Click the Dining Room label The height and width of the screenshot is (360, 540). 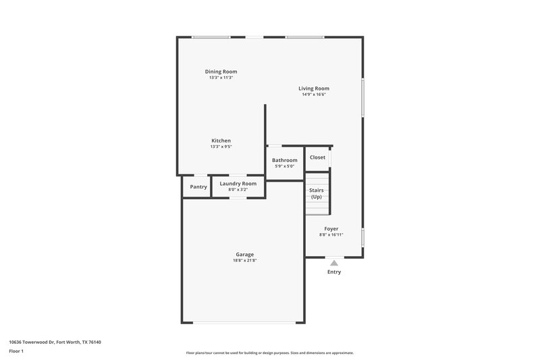(221, 72)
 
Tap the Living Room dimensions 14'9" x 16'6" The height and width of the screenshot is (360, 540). (315, 95)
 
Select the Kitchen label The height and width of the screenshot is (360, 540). (221, 140)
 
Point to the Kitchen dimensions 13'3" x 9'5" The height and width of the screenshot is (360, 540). (221, 147)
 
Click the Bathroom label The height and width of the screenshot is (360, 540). (284, 160)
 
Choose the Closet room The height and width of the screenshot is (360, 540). (317, 157)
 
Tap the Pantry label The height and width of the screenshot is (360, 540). (198, 186)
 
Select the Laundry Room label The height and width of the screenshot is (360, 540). (238, 184)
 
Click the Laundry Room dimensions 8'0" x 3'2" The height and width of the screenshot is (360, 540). (238, 190)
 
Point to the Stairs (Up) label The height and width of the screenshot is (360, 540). (317, 193)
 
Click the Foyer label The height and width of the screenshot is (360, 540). (331, 229)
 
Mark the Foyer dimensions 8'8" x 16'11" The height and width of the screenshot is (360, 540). (331, 235)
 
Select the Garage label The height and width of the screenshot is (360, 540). (244, 254)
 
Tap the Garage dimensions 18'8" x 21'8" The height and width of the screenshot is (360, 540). (244, 260)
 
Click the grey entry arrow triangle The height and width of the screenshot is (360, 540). (333, 263)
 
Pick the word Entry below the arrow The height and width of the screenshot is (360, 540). (334, 272)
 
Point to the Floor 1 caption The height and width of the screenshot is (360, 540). (17, 352)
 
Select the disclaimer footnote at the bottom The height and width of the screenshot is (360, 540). (269, 353)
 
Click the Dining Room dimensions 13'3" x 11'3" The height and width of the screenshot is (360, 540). (221, 78)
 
